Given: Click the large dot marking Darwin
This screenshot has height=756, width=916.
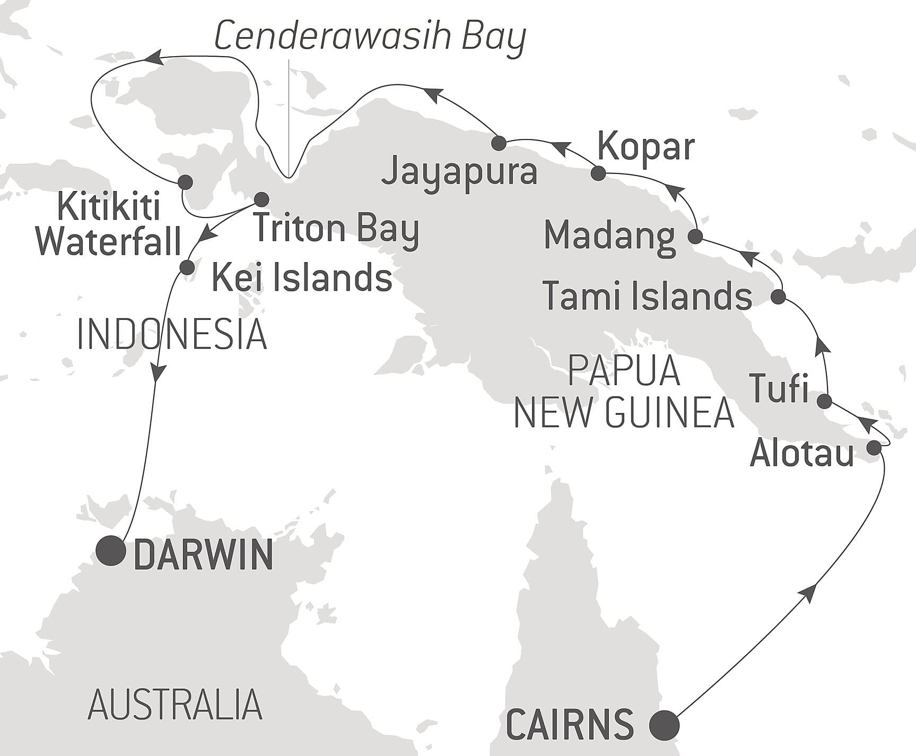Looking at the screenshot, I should point(111,551).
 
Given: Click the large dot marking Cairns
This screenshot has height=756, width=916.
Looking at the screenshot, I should point(665,724).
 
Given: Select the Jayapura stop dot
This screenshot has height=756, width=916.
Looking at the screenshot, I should point(499,143).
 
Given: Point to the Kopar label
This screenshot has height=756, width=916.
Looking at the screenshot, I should point(645,147).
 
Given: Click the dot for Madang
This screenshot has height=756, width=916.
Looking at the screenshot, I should point(695,236).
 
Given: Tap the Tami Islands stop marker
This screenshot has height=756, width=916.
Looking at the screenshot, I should point(778,297).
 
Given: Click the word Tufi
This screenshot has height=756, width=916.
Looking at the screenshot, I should point(778,389).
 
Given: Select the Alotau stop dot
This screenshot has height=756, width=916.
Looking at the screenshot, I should point(874,448).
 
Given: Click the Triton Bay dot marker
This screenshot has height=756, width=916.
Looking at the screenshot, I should point(261,199).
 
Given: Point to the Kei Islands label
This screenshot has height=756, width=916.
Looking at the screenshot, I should point(302,277).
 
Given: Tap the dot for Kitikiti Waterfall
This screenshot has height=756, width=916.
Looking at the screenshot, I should point(185,182).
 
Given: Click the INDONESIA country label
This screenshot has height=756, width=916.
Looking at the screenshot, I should point(171,335).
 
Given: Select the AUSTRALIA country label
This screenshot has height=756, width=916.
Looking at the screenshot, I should point(175,705).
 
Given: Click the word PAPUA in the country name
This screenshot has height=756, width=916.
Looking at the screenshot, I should point(624,371).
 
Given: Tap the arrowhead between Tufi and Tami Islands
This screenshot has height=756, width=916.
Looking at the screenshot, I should point(822,347).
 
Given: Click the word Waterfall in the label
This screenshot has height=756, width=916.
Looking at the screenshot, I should point(109,241).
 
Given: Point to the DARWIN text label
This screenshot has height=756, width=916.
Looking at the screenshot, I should point(203,555).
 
